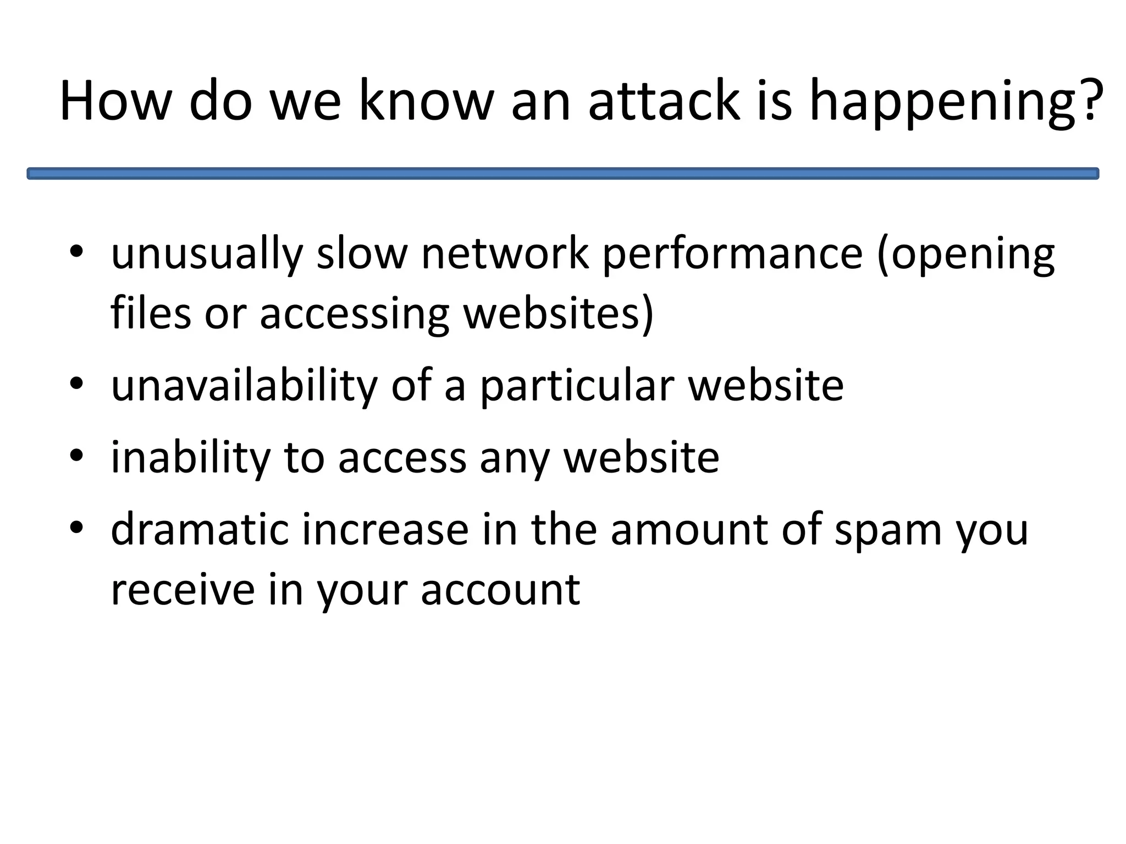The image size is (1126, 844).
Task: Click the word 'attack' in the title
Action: click(x=664, y=101)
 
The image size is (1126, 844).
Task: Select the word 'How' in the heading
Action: click(x=115, y=101)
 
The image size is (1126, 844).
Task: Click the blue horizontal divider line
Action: click(x=562, y=174)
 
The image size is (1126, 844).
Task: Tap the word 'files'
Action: click(x=151, y=313)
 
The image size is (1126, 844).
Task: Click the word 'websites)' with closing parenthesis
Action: click(x=559, y=313)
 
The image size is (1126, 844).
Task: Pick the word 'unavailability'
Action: click(x=244, y=386)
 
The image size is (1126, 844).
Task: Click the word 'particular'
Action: click(x=577, y=386)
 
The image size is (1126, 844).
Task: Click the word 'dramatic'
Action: click(x=200, y=530)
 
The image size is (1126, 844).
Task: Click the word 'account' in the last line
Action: click(x=500, y=590)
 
